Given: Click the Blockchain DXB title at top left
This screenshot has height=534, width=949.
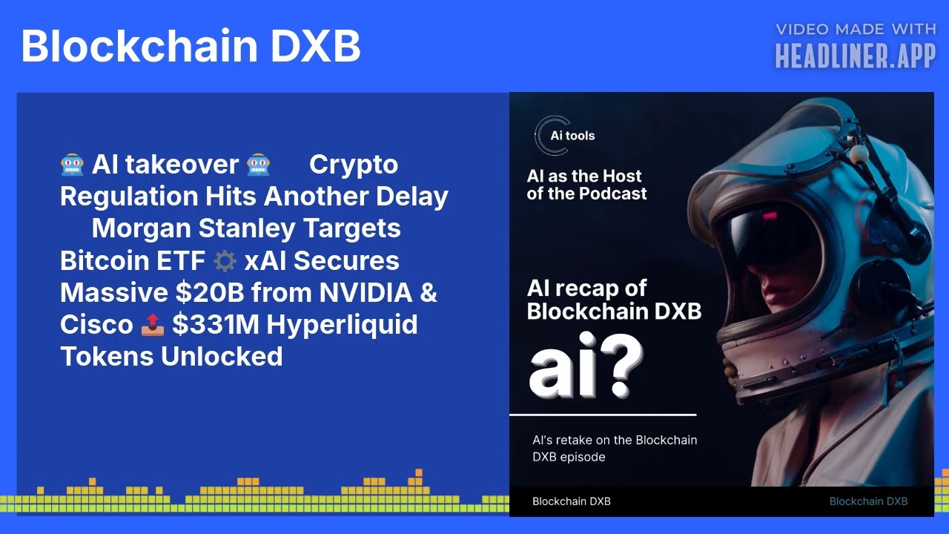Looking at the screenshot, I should click(191, 46).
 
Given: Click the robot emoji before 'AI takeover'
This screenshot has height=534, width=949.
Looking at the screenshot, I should click(72, 165).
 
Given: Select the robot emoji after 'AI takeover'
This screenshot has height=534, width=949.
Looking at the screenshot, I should click(258, 165).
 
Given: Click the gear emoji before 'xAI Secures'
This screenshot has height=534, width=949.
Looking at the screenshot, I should click(224, 261).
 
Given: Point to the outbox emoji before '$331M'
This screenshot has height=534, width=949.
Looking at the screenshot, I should click(152, 325).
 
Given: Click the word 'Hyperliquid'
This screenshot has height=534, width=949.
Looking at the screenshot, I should click(343, 325).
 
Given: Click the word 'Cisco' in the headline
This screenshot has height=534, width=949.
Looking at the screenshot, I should click(96, 325).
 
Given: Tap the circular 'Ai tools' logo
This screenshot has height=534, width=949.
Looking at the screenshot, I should click(552, 136).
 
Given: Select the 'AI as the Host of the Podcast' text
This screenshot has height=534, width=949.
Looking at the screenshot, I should click(586, 185).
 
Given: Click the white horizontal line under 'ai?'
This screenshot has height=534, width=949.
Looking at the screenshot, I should click(603, 415).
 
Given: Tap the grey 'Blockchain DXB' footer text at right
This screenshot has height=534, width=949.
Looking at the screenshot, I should click(868, 501).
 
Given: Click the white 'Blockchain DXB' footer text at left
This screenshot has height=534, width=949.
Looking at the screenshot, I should click(572, 501).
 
